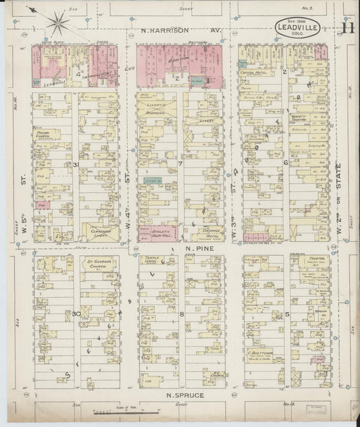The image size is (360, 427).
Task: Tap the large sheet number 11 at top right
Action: tap(347, 28)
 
